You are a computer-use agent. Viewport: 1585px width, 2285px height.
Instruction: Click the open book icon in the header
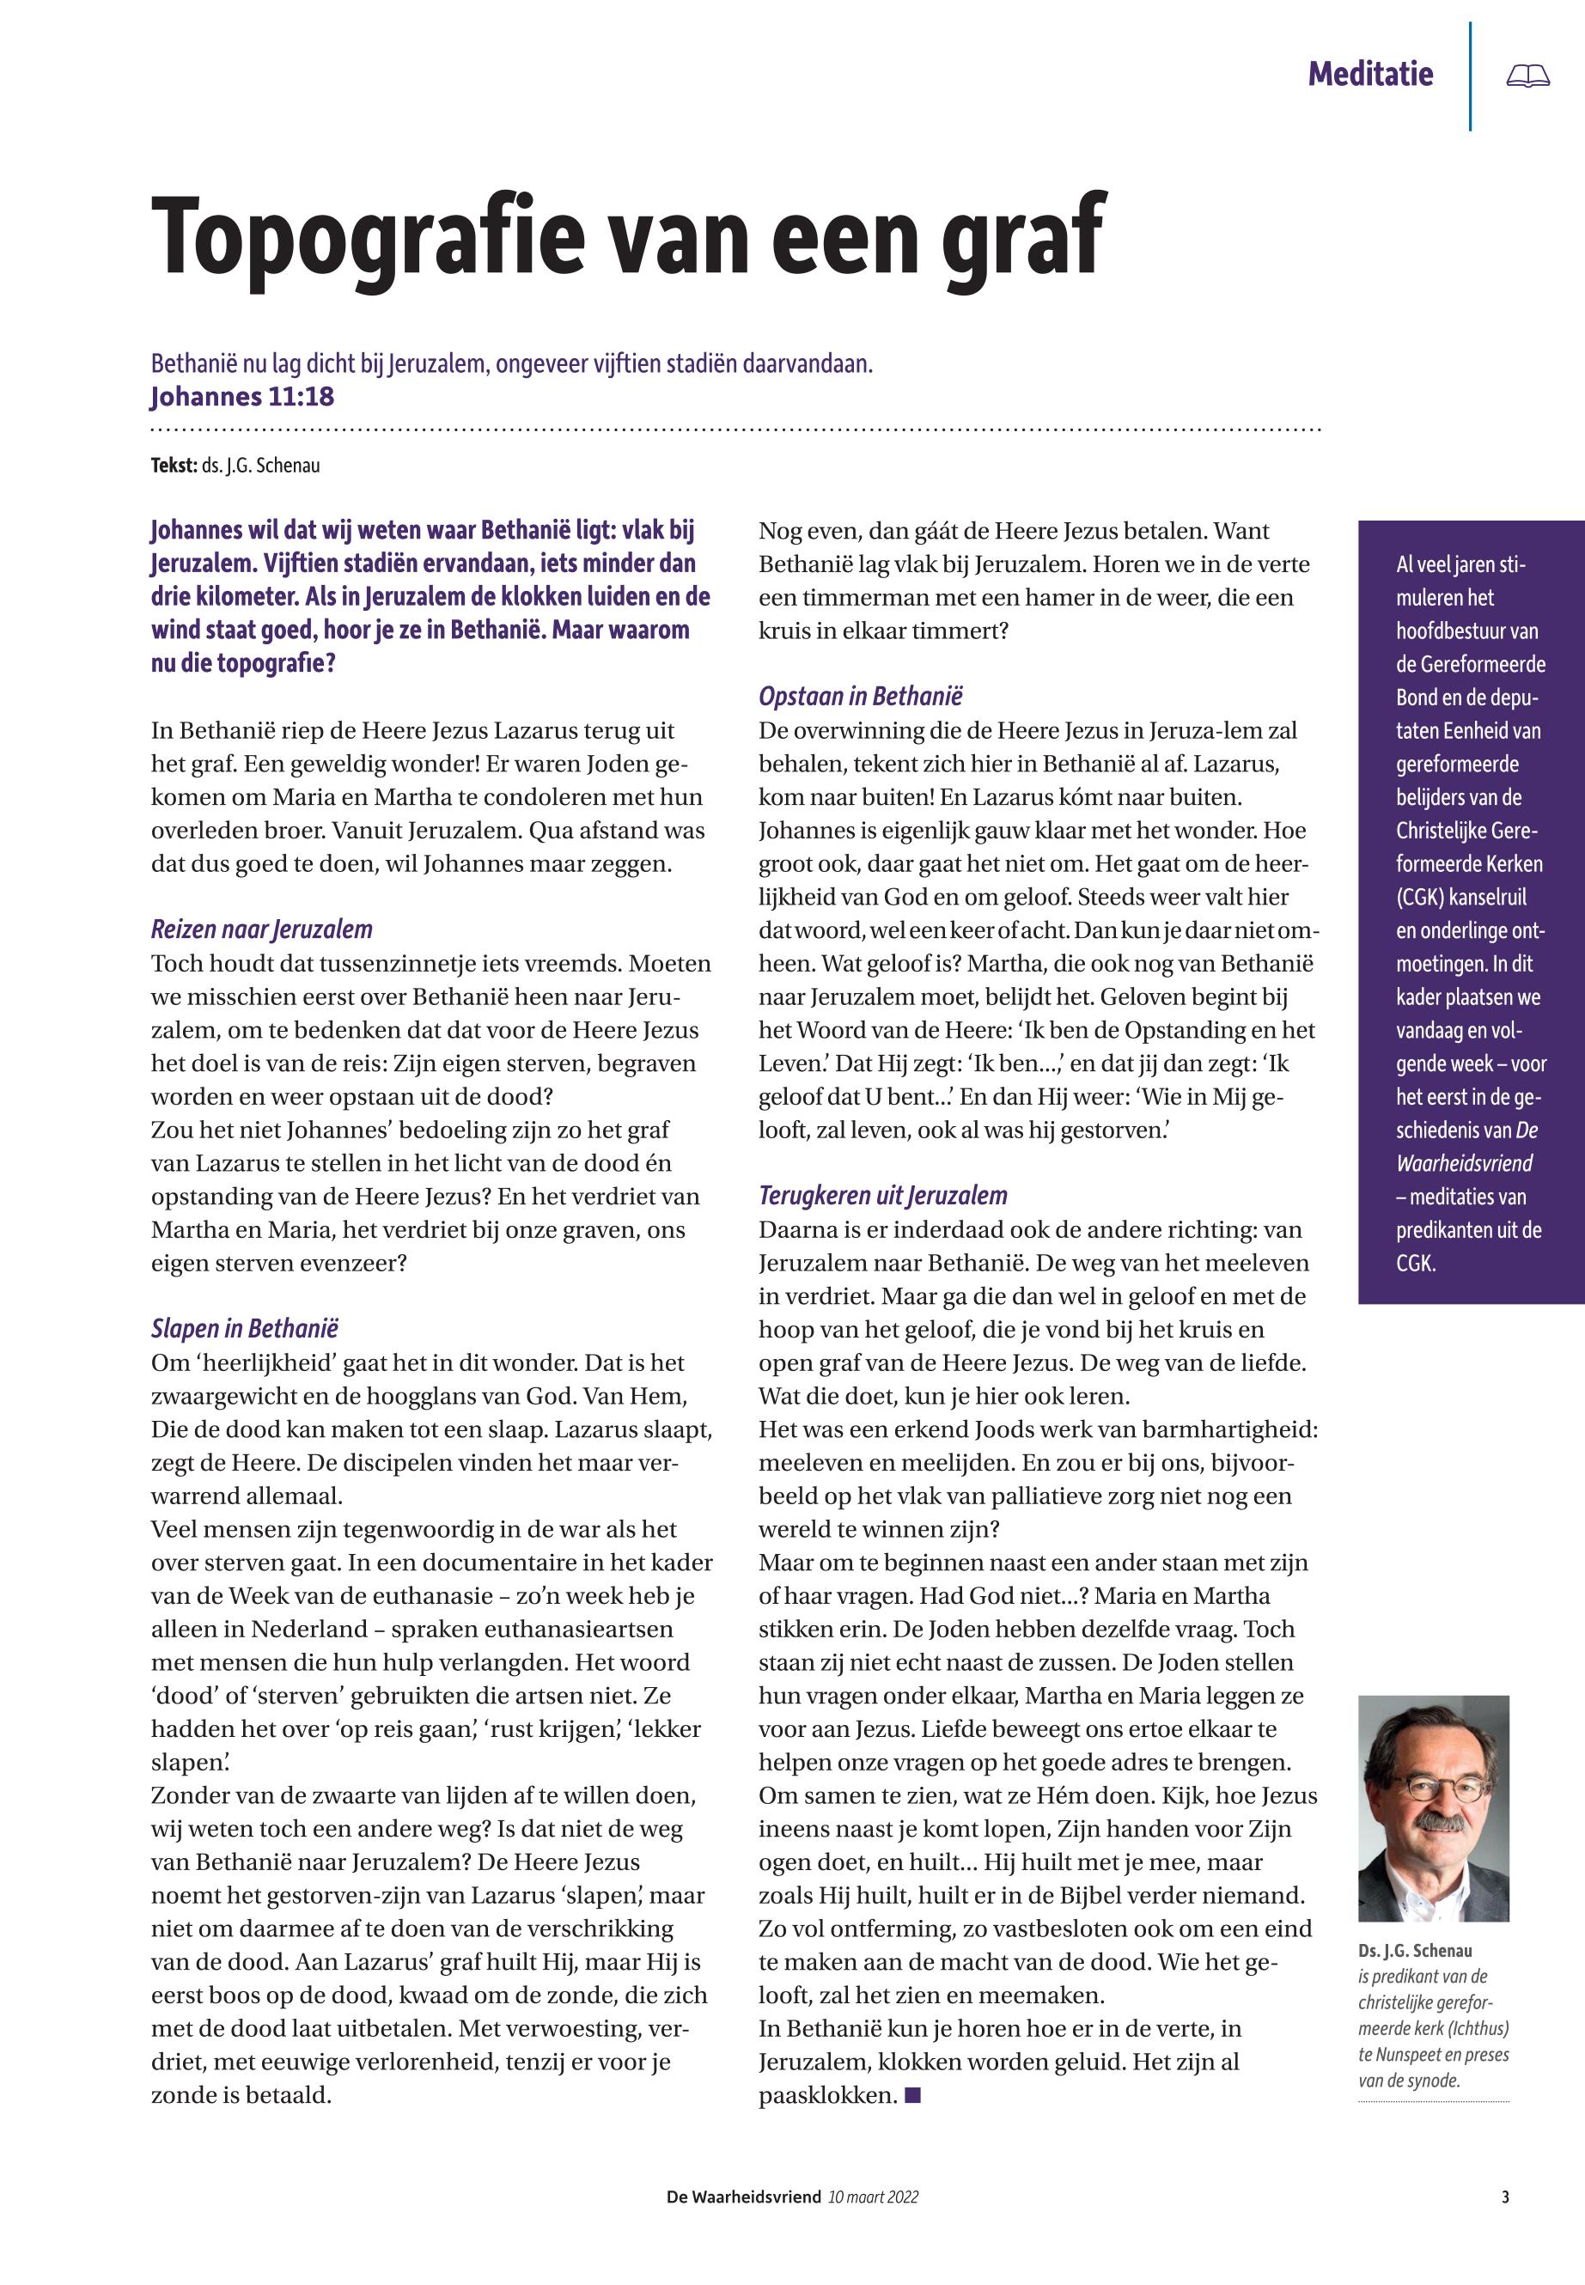click(1527, 76)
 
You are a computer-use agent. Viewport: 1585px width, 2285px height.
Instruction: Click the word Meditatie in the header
click(1370, 74)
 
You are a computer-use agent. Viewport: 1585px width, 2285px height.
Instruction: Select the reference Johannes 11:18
click(242, 397)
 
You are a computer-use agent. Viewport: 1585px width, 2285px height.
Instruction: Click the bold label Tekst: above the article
click(174, 466)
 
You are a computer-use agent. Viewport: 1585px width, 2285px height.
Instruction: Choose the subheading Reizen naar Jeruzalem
click(262, 929)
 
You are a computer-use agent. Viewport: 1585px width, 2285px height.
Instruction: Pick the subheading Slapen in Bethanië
click(244, 1329)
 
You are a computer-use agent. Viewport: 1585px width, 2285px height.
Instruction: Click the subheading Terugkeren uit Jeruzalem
click(883, 1196)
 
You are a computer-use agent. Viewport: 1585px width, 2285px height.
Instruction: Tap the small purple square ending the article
click(914, 2095)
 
